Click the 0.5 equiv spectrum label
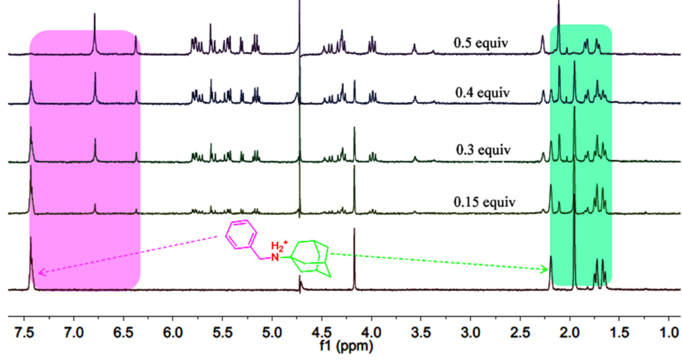(x=481, y=43)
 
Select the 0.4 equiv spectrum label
(x=481, y=93)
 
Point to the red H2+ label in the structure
(x=278, y=245)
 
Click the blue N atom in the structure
(x=275, y=259)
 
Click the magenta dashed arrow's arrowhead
(x=39, y=273)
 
